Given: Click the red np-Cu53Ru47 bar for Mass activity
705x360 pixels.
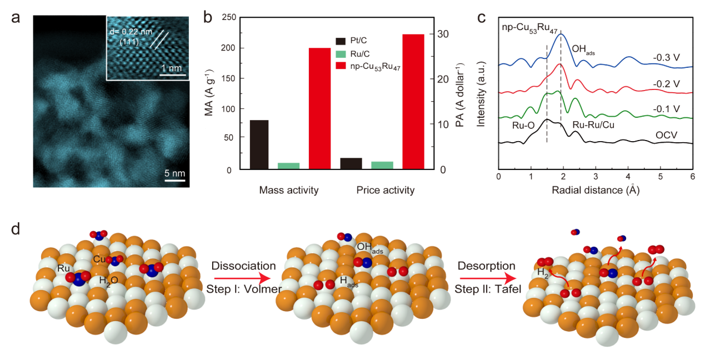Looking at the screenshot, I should (x=319, y=108).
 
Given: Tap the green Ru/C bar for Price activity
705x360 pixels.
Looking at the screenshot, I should (x=382, y=166).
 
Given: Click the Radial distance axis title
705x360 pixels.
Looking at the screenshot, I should (x=594, y=190).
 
